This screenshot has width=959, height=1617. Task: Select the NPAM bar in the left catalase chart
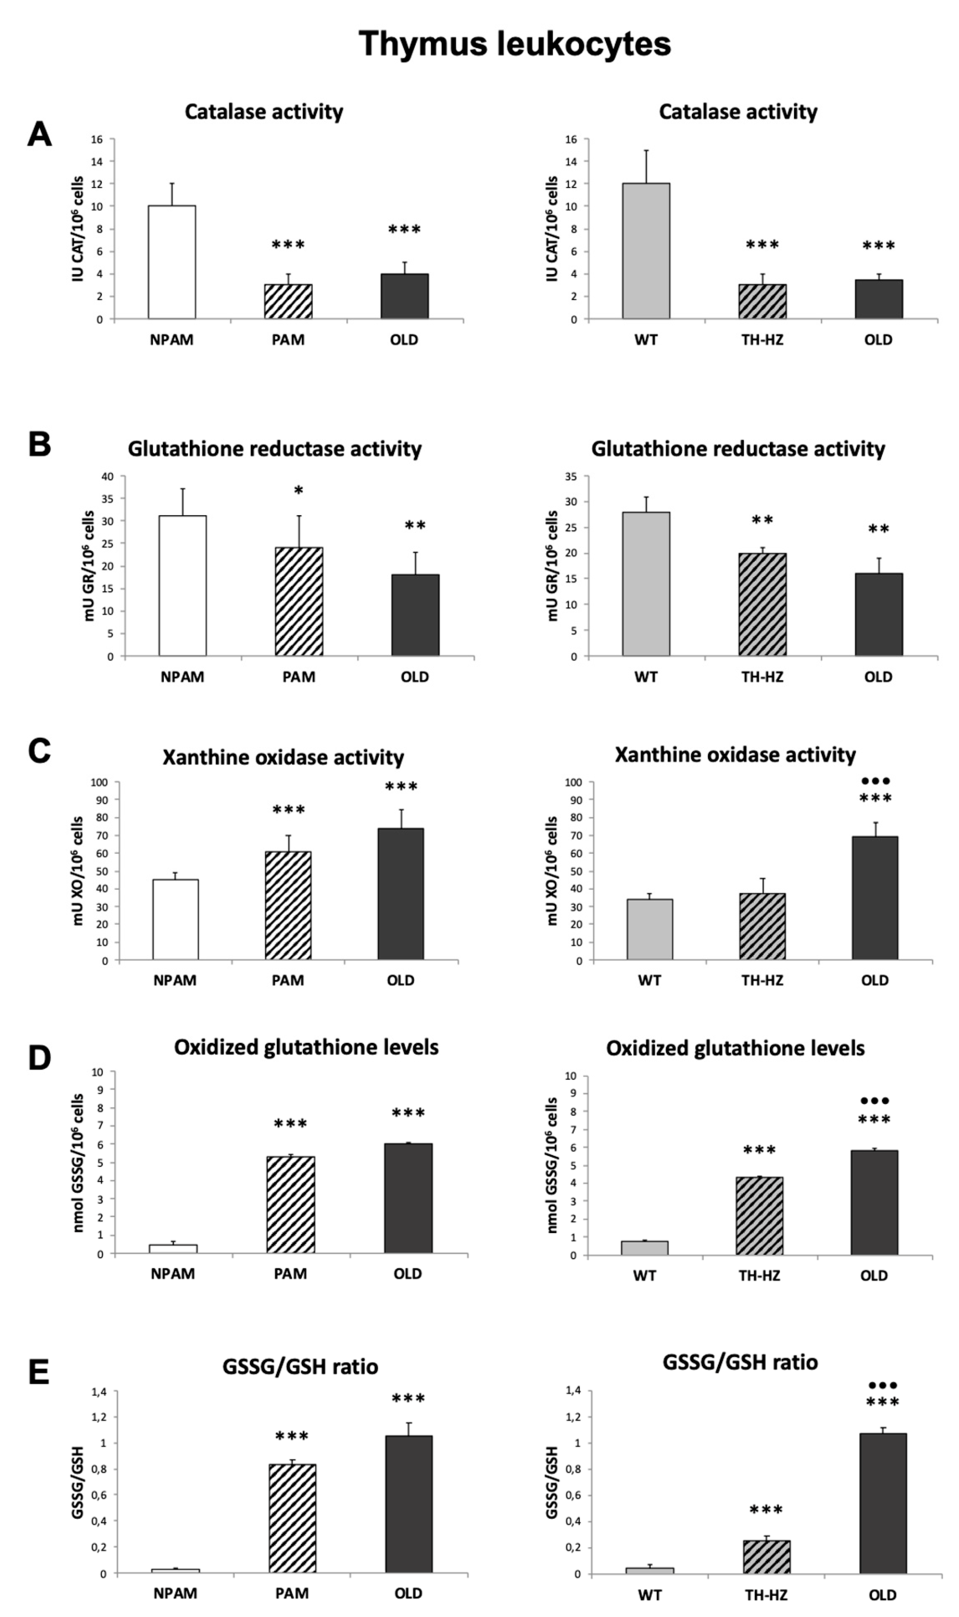point(172,262)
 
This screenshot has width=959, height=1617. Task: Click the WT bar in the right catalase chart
point(646,251)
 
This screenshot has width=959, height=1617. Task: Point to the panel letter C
point(40,751)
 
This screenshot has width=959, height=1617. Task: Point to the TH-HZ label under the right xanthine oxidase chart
point(762,980)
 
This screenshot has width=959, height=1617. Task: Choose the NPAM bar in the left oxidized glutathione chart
point(173,1249)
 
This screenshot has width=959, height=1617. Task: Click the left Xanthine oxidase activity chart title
point(283,757)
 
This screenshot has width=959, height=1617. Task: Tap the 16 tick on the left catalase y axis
point(97,139)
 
